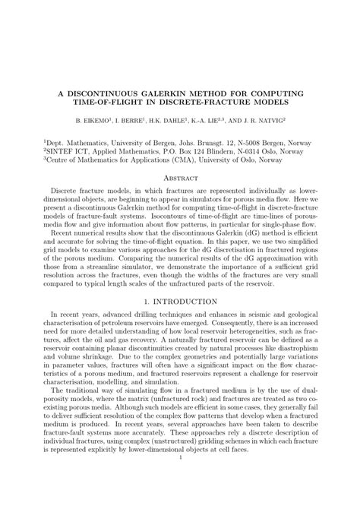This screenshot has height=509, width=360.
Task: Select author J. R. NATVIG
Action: (x=264, y=120)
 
